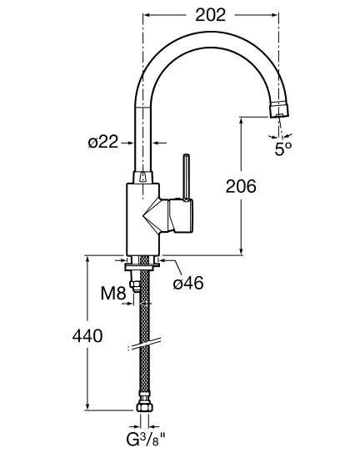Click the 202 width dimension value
[x=210, y=15]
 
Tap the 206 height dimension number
[x=241, y=186]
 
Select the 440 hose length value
[x=87, y=335]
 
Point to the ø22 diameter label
[x=103, y=142]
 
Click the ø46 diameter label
[x=188, y=283]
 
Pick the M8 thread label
[x=113, y=293]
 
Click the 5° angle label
[x=283, y=148]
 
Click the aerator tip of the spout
[x=279, y=109]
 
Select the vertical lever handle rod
[x=186, y=178]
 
